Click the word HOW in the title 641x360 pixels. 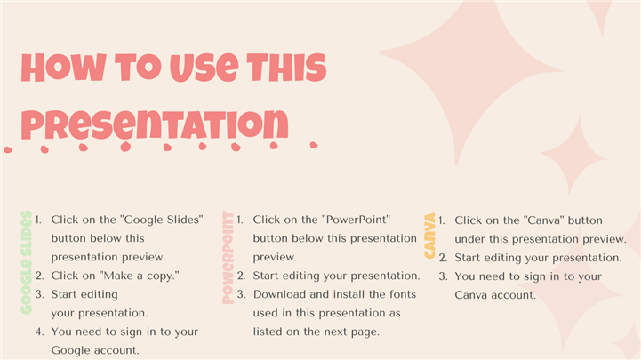click(64, 68)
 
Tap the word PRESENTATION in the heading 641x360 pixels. click(155, 124)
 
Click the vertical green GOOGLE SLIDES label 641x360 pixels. click(26, 262)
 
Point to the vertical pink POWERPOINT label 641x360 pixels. click(228, 258)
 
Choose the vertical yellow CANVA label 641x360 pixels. click(429, 236)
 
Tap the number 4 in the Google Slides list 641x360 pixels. click(39, 332)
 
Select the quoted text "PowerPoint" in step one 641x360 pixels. click(356, 220)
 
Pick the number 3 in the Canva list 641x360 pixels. click(443, 276)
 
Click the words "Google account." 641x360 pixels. click(95, 350)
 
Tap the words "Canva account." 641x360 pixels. click(495, 295)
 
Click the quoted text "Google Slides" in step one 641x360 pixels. click(162, 220)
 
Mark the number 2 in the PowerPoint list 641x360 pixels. click(241, 276)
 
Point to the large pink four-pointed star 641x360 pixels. click(470, 77)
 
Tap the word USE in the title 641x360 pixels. click(204, 68)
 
